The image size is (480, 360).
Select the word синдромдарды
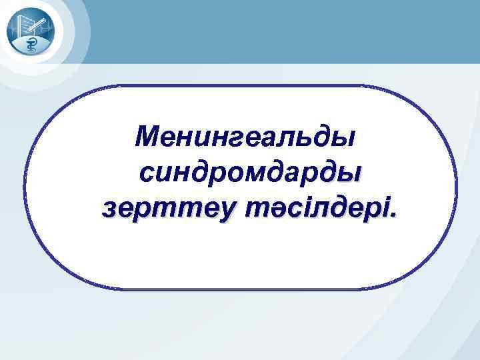coord(249,173)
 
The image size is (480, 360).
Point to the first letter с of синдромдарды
coord(147,175)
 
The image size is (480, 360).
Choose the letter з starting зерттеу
coord(109,211)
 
